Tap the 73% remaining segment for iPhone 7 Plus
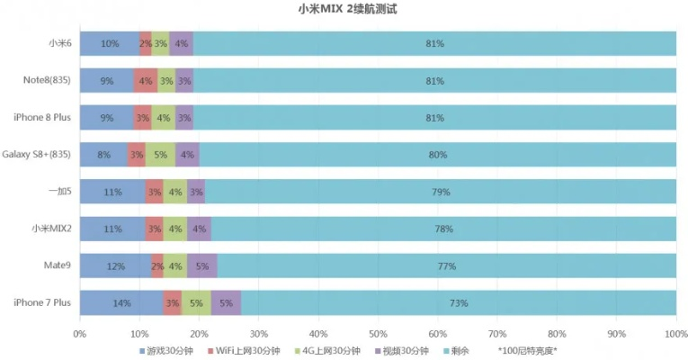(459, 303)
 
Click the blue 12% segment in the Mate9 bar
(115, 266)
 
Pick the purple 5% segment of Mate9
(202, 266)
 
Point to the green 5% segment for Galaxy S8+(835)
(160, 155)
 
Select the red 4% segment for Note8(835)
(146, 81)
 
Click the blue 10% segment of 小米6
(110, 43)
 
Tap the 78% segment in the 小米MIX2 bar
(443, 229)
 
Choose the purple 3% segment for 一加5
(196, 192)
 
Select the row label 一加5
(58, 192)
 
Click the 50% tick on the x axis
(378, 333)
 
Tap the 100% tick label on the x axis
(675, 333)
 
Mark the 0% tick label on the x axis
(79, 333)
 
